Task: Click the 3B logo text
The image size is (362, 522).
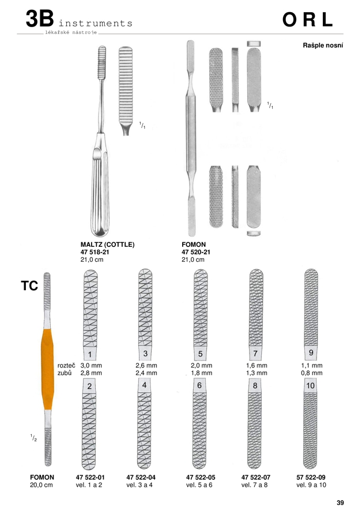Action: [x=40, y=18]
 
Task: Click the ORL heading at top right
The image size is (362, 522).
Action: [x=307, y=20]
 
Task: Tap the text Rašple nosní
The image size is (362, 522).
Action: [x=323, y=45]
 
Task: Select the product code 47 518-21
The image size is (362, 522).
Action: [x=95, y=252]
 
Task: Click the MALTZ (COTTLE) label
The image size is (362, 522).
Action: [x=107, y=245]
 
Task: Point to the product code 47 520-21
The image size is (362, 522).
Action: [x=196, y=252]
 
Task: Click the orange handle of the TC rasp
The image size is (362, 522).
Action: [x=47, y=369]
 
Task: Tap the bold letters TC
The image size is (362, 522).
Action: [x=29, y=286]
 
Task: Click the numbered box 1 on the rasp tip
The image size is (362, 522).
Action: [x=90, y=354]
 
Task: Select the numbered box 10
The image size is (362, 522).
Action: [x=310, y=385]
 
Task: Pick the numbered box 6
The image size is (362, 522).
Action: [x=199, y=385]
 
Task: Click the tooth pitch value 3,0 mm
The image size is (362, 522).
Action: [x=91, y=365]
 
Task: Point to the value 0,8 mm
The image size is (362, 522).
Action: [x=312, y=373]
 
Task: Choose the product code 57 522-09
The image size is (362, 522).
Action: [x=311, y=477]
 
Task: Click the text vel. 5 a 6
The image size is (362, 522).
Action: [x=199, y=485]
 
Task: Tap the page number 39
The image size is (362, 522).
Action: [x=340, y=503]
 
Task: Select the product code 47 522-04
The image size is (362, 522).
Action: [x=141, y=477]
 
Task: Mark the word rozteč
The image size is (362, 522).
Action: [x=66, y=365]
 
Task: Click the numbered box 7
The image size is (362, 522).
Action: [x=255, y=353]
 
